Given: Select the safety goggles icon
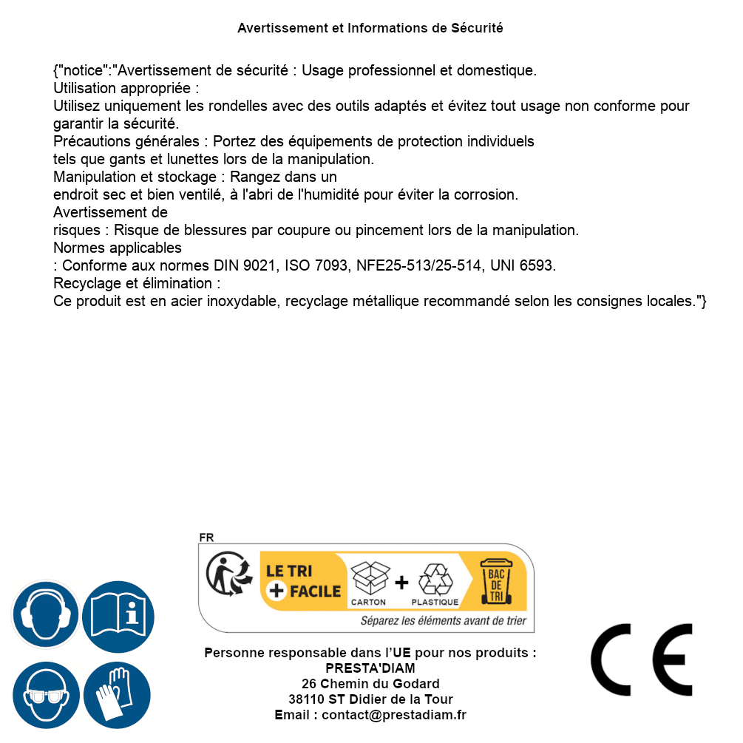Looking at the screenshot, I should (x=46, y=695).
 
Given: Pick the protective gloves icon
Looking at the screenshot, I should (x=118, y=695).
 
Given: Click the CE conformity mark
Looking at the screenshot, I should (x=641, y=659).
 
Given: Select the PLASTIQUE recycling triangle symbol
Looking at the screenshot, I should (x=435, y=580).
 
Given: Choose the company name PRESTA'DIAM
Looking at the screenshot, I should (x=370, y=668).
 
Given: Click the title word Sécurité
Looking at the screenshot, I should (x=477, y=28).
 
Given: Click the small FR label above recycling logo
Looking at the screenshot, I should (x=206, y=537).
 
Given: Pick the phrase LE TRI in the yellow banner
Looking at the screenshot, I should (x=289, y=571).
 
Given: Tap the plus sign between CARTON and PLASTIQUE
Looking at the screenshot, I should (x=401, y=583).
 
